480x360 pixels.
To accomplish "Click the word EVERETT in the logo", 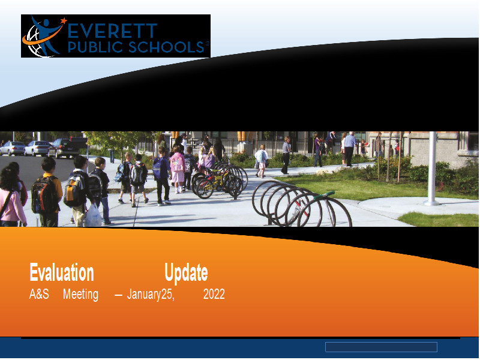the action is point(112,31).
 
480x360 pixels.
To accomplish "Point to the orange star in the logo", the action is point(64,21).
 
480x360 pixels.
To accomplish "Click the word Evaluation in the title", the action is point(62,272).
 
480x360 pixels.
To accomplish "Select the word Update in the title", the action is point(186,273).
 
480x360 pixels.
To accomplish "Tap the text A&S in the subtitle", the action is point(39,294).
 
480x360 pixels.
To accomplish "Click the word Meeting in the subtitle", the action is point(80,295).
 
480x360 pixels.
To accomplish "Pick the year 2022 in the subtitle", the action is point(214,294).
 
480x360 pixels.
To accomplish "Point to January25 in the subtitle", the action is point(151,295).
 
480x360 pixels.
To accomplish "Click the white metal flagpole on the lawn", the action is point(431,169).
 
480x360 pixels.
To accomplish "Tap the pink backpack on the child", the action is point(177,162).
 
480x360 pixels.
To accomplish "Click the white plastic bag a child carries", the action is point(93,215).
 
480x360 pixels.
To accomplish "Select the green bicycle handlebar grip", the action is point(324,194).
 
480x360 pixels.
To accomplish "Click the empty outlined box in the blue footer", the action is point(381,347).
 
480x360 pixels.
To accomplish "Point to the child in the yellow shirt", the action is point(49,192).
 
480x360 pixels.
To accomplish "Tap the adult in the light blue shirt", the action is point(349,149).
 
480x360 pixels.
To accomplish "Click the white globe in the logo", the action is point(37,42).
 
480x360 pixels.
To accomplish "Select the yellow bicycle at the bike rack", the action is point(214,184).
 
